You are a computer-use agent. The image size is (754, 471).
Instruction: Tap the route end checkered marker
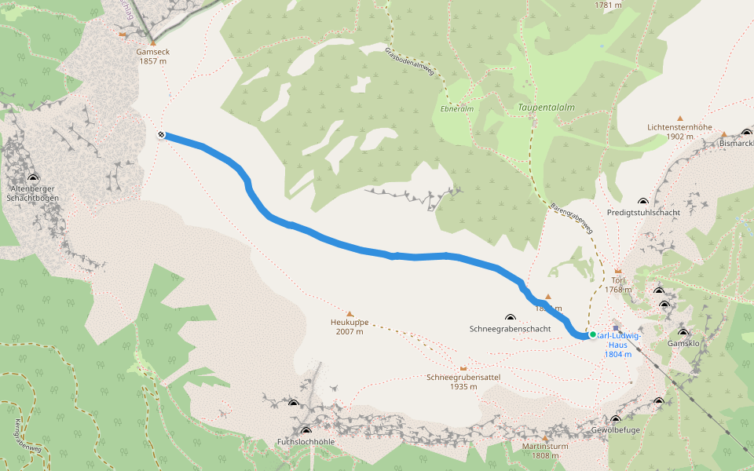pos(161,135)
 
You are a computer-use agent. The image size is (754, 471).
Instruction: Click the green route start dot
pos(592,334)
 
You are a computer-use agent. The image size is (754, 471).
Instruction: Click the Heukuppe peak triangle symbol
pos(350,313)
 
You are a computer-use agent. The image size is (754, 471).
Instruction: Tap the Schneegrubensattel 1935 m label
pos(463,382)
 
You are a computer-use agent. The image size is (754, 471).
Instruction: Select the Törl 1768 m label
pos(618,284)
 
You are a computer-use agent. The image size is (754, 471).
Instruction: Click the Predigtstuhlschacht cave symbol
pos(643,202)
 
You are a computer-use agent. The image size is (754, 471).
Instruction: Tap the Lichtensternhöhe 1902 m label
pos(679,131)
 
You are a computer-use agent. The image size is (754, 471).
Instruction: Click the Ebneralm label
pos(457,109)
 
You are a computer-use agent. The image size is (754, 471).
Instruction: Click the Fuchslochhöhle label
pos(306,441)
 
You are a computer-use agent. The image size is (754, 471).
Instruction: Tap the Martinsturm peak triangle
pos(545,437)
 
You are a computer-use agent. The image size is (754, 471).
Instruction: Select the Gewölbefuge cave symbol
pos(615,419)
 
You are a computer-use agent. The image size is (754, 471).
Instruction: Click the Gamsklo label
pos(683,344)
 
